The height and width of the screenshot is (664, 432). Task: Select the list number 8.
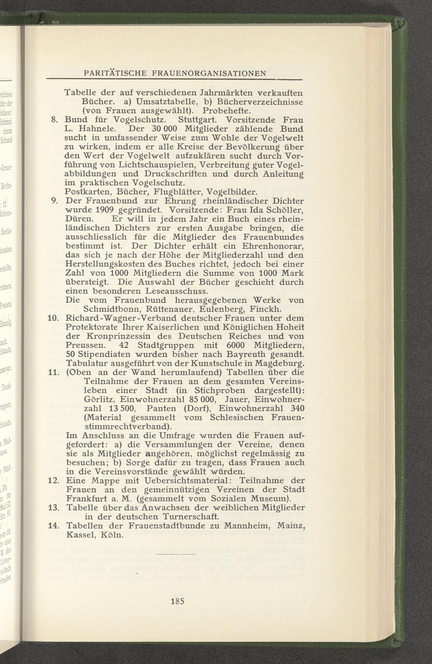(x=55, y=119)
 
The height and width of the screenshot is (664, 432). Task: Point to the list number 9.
(x=55, y=201)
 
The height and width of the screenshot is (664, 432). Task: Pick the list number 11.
(x=53, y=372)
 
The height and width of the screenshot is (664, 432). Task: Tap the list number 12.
(x=53, y=480)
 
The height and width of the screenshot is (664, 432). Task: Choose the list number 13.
(x=53, y=508)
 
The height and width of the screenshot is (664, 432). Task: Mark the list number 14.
(x=53, y=525)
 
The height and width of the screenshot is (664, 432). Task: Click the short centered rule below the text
(x=178, y=555)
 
